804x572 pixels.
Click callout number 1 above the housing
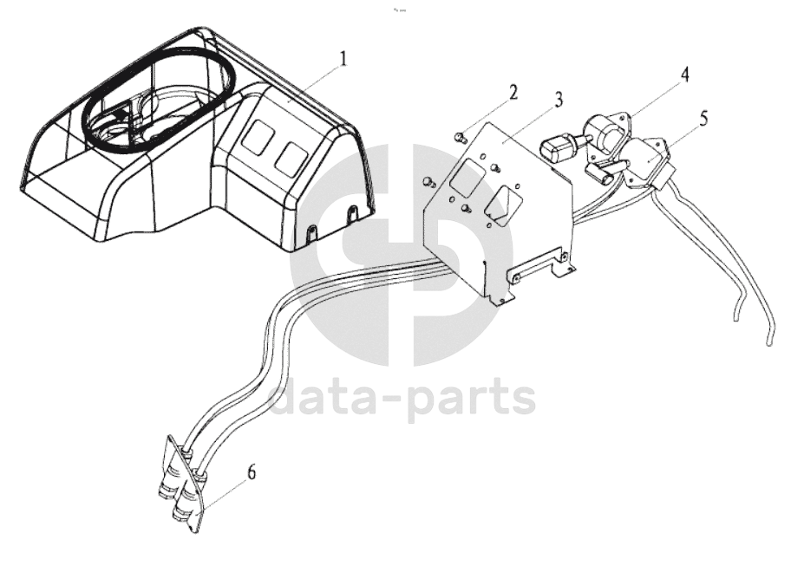(344, 59)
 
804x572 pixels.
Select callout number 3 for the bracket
(559, 99)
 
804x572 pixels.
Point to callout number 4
(684, 75)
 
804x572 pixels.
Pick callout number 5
(703, 117)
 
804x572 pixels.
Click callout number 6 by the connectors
(252, 473)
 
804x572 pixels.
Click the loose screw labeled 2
(461, 135)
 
